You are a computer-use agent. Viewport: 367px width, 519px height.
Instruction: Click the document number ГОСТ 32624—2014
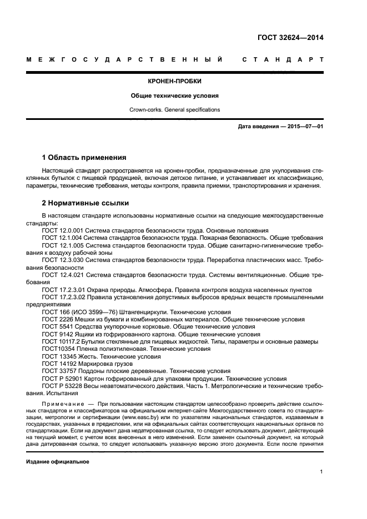click(x=290, y=39)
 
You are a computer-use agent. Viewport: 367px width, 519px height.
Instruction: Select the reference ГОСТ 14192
click(x=60, y=364)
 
